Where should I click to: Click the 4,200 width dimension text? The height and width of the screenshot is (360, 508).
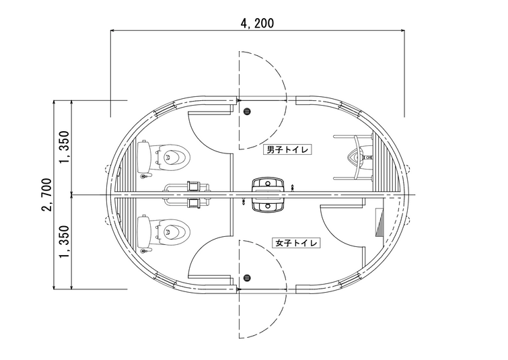(x=257, y=24)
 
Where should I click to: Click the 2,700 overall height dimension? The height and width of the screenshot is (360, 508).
(x=46, y=194)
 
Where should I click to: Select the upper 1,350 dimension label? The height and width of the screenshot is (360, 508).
(x=64, y=147)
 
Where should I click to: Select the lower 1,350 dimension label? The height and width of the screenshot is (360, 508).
(x=64, y=242)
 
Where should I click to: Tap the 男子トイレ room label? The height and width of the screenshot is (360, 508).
(x=287, y=149)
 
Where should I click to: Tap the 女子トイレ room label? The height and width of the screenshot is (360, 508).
(x=296, y=243)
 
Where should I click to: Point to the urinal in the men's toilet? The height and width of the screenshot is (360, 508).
(x=360, y=157)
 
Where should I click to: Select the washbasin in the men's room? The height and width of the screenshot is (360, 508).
(x=268, y=185)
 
